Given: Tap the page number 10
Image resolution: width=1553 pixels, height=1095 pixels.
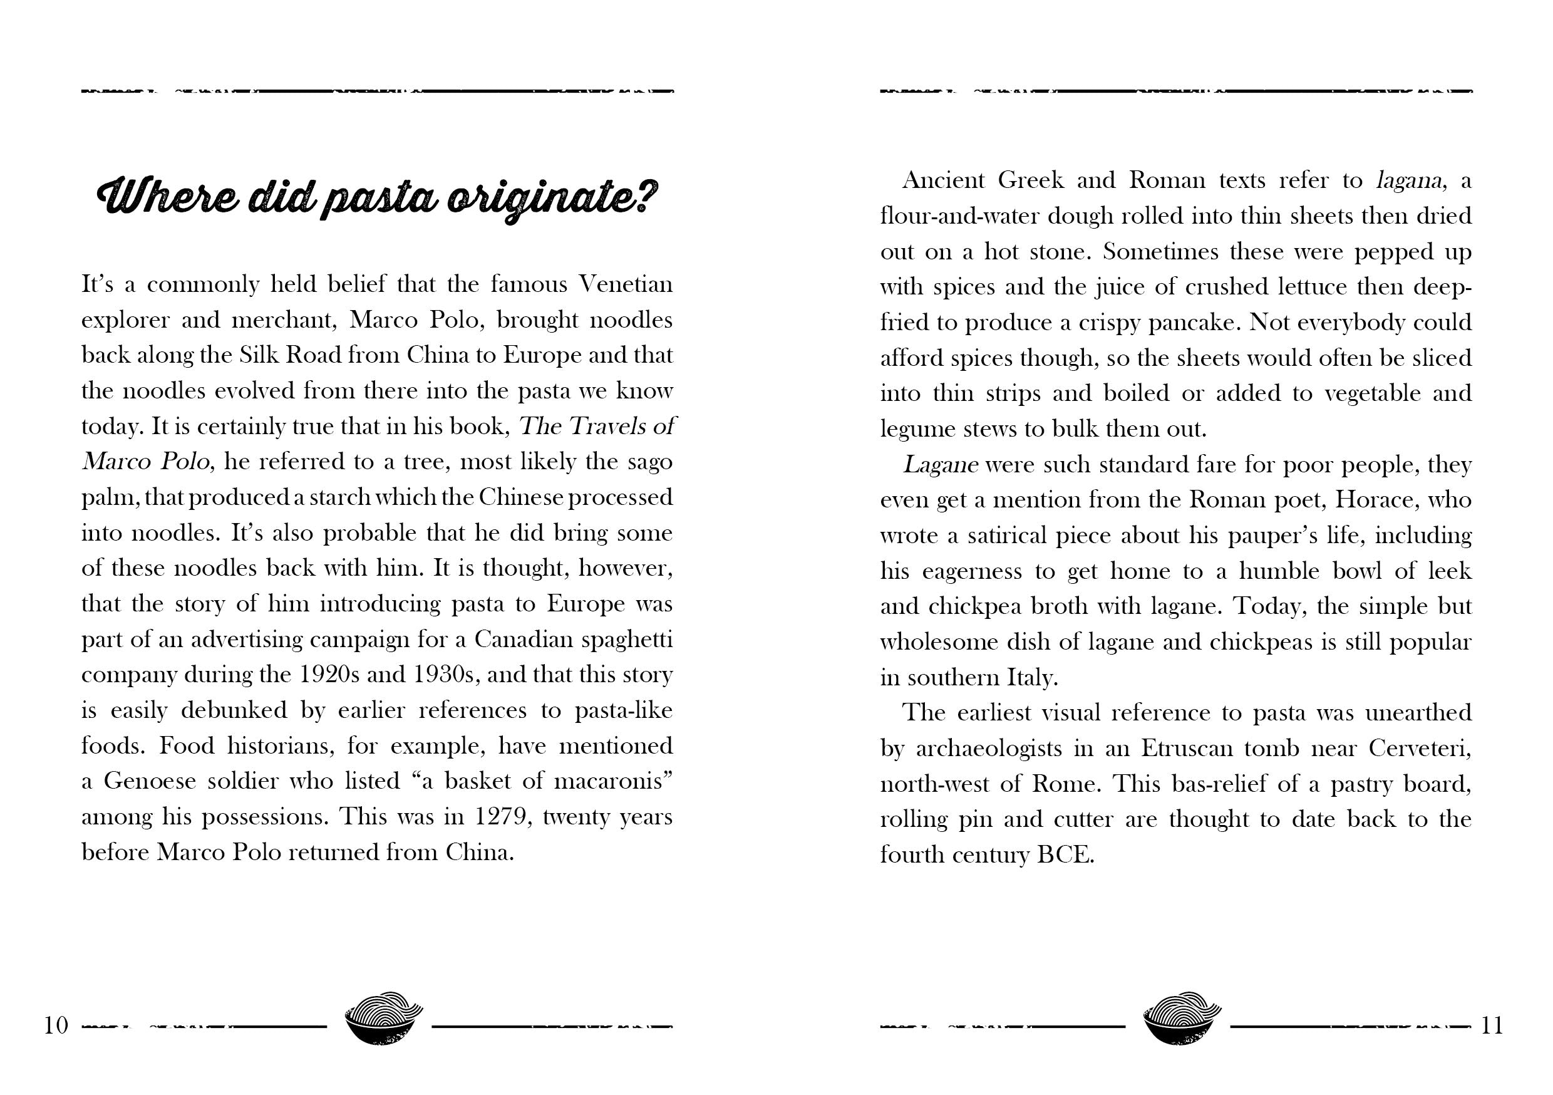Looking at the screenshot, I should pyautogui.click(x=57, y=1026).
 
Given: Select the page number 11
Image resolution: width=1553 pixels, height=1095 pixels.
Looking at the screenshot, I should pyautogui.click(x=1492, y=1026).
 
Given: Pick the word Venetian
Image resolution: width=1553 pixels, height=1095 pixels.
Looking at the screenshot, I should pyautogui.click(x=626, y=284).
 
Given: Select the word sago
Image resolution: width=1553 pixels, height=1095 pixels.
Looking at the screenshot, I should pyautogui.click(x=649, y=462).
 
